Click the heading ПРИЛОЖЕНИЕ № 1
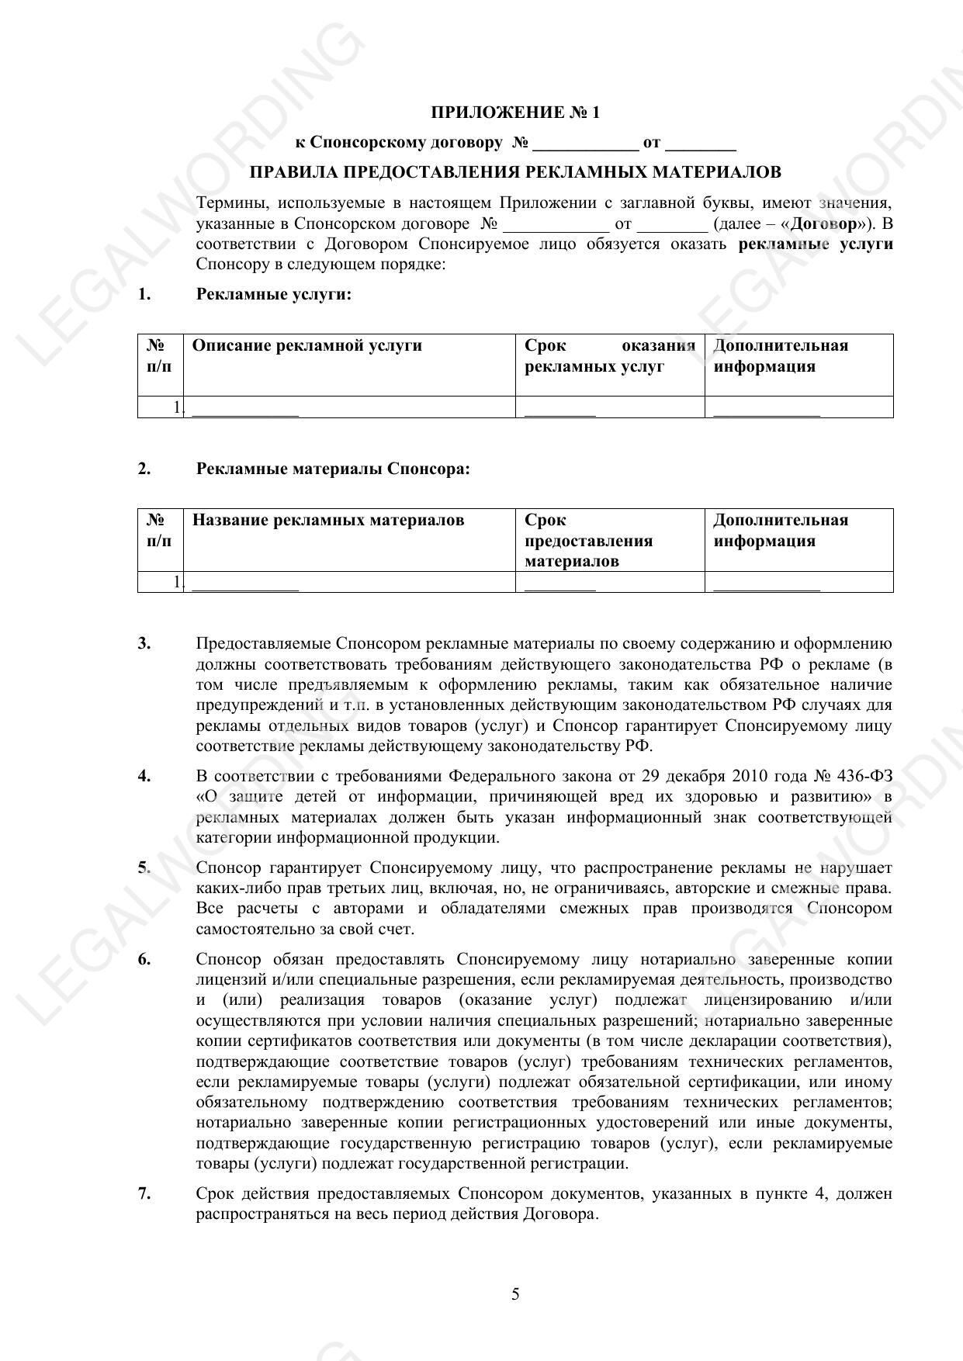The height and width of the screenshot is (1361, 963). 515,113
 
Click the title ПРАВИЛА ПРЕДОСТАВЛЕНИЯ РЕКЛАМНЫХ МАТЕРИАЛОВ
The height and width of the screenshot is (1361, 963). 515,171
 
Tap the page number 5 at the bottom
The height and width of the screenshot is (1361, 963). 515,1293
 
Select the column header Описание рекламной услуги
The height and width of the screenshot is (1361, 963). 307,345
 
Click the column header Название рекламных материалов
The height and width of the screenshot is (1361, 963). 327,520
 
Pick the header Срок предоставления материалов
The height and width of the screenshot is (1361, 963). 588,540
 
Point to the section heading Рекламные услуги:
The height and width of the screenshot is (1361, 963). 274,294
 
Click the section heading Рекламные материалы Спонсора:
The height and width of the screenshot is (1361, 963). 333,469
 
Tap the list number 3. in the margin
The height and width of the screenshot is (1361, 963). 144,643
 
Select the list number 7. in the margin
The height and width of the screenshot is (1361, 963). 144,1193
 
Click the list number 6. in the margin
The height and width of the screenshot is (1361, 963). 144,959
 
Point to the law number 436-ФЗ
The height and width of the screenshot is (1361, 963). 864,776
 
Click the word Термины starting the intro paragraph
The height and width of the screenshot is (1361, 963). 227,203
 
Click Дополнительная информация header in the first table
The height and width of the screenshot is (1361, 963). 781,356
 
